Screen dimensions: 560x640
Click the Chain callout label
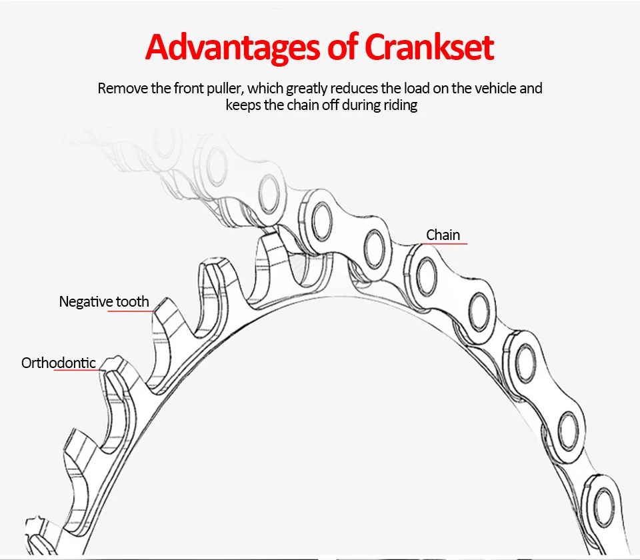pos(443,235)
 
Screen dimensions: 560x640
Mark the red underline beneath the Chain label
pos(445,244)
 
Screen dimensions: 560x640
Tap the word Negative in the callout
pos(86,301)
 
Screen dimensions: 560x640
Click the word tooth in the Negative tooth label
pos(133,301)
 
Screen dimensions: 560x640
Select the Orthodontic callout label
pos(59,363)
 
